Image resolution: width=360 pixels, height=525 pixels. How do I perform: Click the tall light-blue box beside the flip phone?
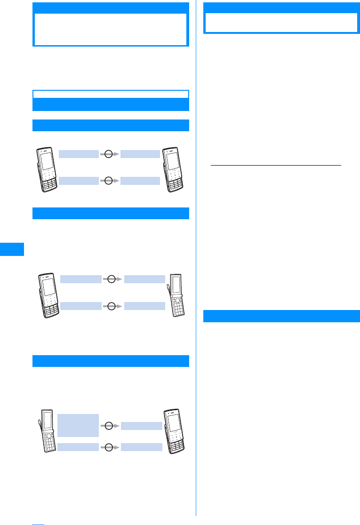(78, 425)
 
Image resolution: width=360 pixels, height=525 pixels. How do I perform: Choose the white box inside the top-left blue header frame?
(111, 29)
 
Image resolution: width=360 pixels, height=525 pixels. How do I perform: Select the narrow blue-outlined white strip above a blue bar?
(111, 94)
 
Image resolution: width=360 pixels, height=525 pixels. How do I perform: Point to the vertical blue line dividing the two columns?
(196, 259)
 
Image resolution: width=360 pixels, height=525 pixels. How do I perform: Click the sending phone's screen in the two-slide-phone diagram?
(47, 161)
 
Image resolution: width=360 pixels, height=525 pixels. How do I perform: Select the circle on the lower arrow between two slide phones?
(108, 180)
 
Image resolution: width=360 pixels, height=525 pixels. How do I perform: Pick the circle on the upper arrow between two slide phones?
(108, 154)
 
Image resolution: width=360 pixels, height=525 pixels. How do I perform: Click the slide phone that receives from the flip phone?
(173, 431)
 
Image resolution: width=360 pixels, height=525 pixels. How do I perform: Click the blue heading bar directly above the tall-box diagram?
(111, 361)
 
